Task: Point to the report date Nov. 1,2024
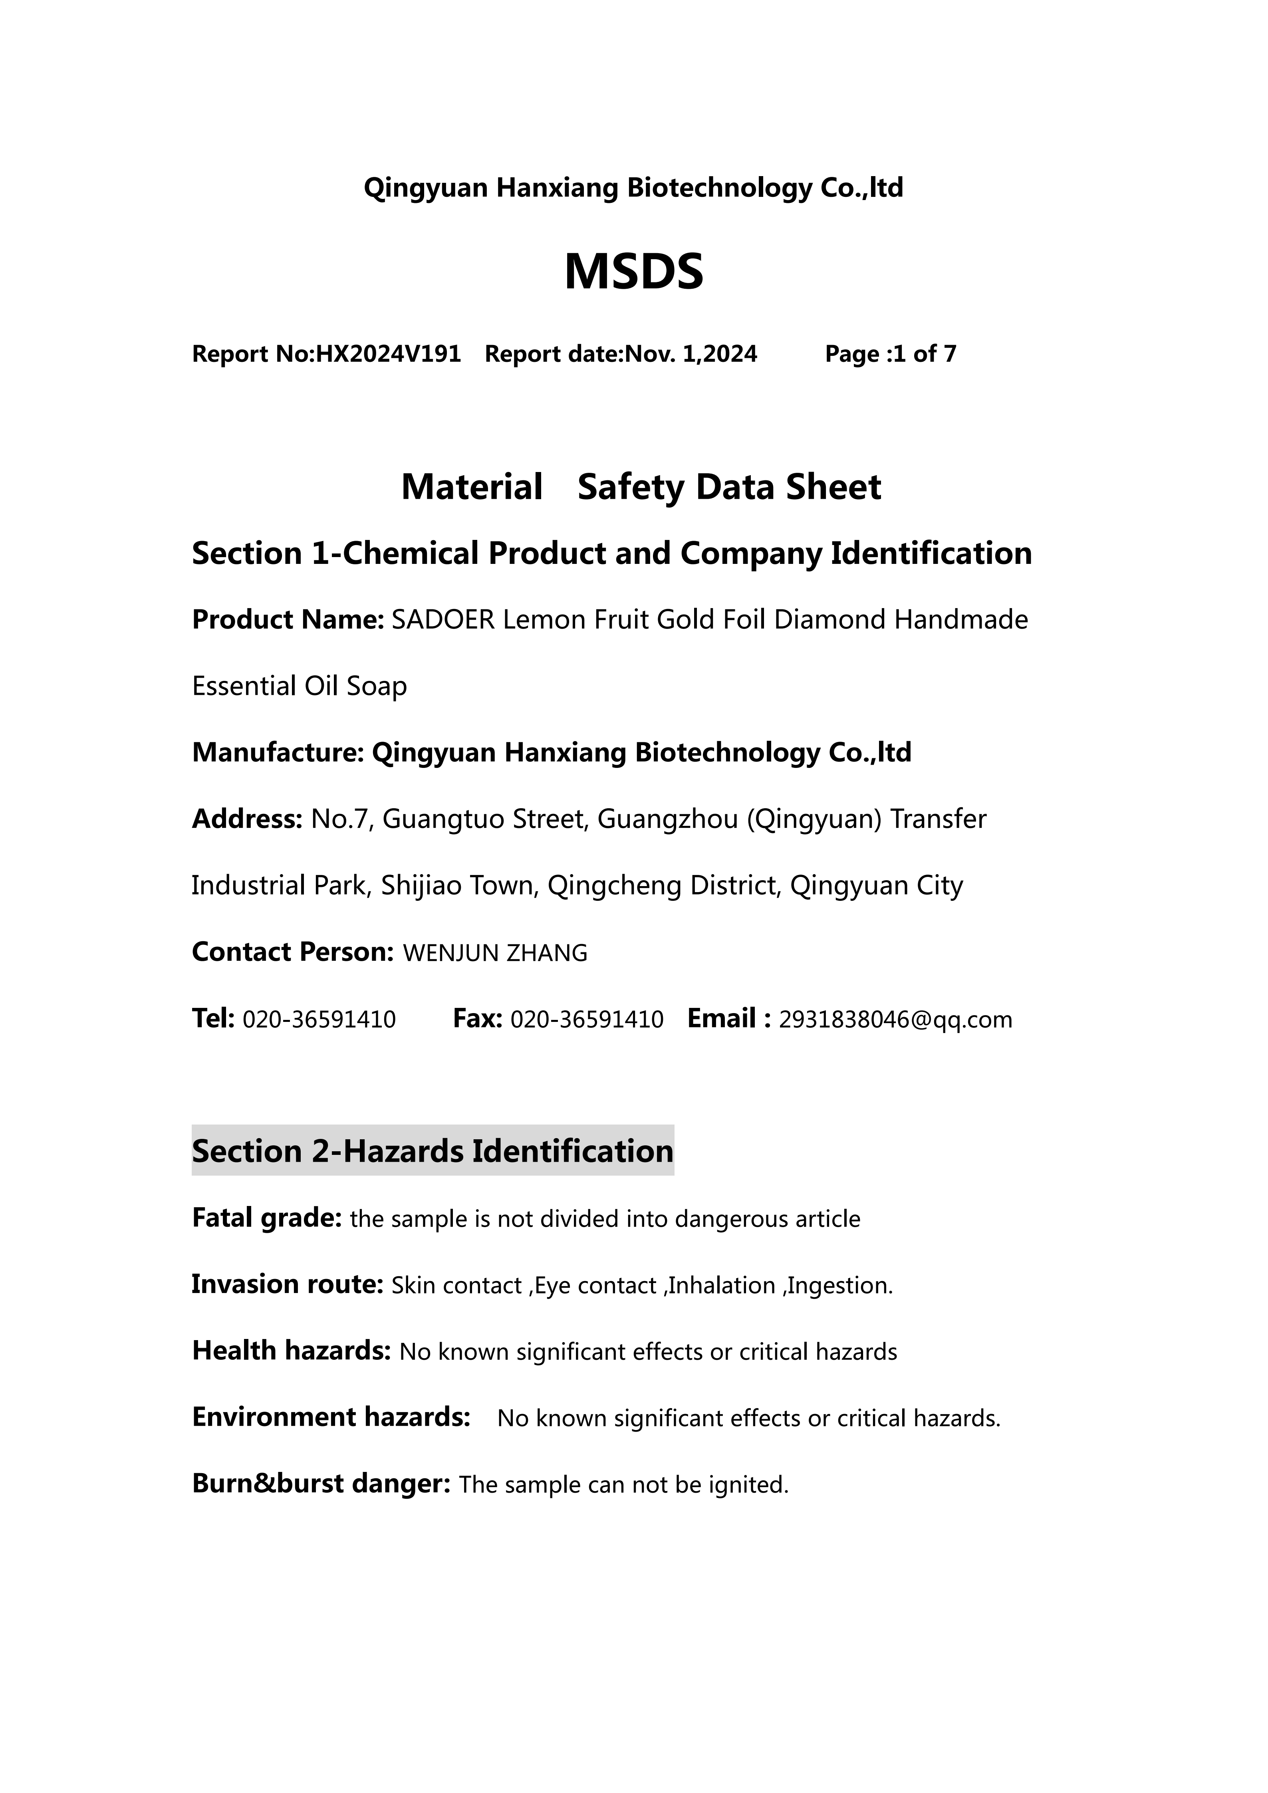coord(691,355)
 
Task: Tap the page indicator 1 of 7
coord(924,355)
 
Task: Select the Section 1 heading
coord(611,554)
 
